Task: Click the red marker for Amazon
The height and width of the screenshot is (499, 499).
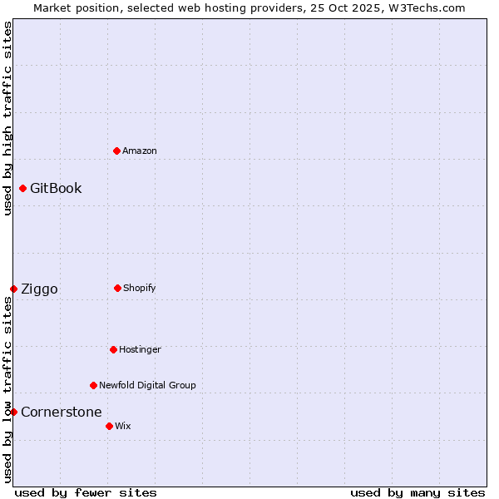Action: click(x=116, y=151)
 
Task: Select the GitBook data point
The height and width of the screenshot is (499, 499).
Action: click(x=22, y=188)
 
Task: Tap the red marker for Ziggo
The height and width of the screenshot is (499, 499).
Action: click(x=13, y=289)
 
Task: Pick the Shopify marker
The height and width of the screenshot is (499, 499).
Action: click(x=117, y=288)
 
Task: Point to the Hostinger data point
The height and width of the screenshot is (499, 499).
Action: click(x=113, y=349)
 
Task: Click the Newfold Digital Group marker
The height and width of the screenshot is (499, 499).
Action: click(x=93, y=385)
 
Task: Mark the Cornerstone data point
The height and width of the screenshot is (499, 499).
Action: click(x=13, y=412)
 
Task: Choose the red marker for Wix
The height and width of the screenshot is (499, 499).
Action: click(x=109, y=426)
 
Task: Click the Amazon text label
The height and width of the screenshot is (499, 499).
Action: click(x=140, y=151)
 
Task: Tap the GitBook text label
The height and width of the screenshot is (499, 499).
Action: click(x=56, y=188)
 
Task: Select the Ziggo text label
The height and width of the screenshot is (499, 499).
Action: click(x=39, y=289)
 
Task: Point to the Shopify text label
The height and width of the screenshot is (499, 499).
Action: click(x=140, y=288)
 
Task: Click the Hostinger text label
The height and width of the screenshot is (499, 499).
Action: click(x=140, y=349)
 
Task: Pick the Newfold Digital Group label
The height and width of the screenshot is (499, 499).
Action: click(x=147, y=385)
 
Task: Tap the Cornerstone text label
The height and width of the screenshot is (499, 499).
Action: click(x=61, y=412)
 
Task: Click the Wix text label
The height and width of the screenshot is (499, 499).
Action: click(x=123, y=426)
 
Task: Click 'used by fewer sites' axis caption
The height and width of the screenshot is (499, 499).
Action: click(x=86, y=492)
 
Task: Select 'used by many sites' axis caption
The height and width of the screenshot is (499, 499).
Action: click(x=417, y=492)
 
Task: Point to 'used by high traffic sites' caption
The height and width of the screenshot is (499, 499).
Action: click(x=7, y=118)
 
